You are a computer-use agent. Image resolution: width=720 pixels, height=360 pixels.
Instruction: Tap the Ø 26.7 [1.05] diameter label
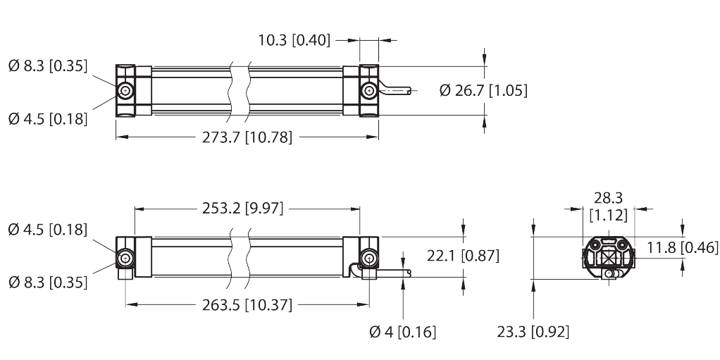(483, 90)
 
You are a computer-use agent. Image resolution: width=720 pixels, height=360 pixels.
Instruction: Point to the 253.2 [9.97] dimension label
(243, 209)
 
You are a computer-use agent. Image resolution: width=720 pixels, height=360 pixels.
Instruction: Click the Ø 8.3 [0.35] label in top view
(47, 67)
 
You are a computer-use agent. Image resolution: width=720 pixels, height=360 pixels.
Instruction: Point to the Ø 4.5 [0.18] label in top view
(47, 118)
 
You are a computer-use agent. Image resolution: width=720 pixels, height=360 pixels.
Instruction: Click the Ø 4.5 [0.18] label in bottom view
(47, 230)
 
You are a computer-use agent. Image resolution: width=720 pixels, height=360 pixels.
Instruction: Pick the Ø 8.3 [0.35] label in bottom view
(47, 282)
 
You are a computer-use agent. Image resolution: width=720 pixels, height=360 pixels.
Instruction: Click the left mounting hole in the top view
(125, 92)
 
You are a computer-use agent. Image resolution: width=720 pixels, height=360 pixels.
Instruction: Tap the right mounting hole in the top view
(368, 91)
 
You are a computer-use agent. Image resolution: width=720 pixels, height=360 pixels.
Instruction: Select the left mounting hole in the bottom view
(125, 258)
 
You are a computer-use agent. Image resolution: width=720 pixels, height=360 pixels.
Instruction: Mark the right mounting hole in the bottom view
(368, 258)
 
